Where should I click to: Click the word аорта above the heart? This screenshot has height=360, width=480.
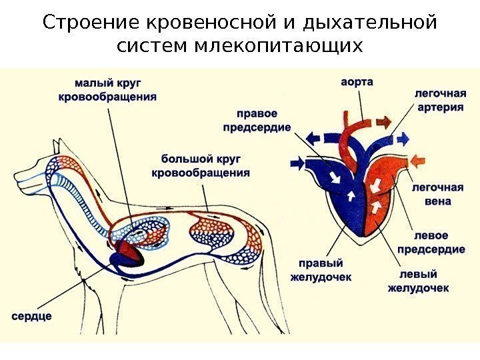[357, 83]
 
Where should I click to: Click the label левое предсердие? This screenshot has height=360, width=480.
[431, 243]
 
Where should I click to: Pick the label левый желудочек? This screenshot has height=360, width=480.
[418, 281]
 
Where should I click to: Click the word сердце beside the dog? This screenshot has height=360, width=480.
[31, 315]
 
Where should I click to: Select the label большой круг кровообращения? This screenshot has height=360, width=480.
[201, 165]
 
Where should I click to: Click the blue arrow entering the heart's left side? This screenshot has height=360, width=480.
[296, 162]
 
